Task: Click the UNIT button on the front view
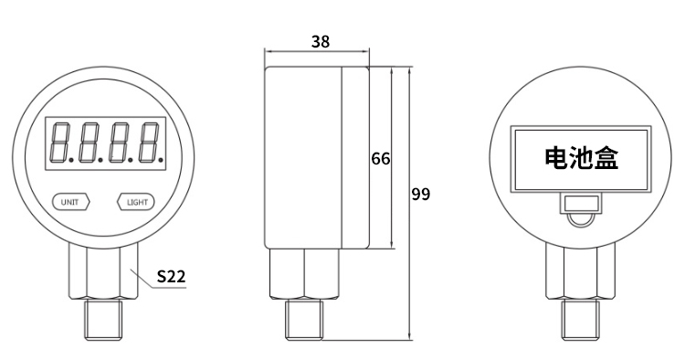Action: tap(70, 202)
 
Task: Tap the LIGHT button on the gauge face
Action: tap(136, 202)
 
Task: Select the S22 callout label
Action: tap(172, 276)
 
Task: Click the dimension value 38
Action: tap(321, 41)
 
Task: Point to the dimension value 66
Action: tap(381, 159)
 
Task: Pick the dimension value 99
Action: tap(421, 194)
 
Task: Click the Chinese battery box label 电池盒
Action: tap(582, 158)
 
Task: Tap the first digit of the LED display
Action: tap(60, 143)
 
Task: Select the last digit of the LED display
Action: tap(150, 143)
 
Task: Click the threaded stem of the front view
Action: tap(104, 320)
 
